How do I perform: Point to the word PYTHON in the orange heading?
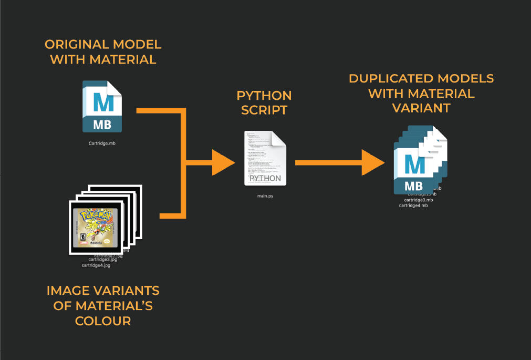(264, 96)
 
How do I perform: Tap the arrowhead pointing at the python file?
(223, 162)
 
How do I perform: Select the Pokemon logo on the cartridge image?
(95, 217)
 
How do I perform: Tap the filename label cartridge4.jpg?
(96, 265)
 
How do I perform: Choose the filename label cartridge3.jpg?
(106, 260)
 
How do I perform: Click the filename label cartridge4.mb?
(413, 205)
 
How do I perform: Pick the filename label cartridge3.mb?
(419, 200)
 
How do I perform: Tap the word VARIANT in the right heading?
(421, 108)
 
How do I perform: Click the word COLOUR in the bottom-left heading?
(103, 321)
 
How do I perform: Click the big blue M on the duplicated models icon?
(414, 165)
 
